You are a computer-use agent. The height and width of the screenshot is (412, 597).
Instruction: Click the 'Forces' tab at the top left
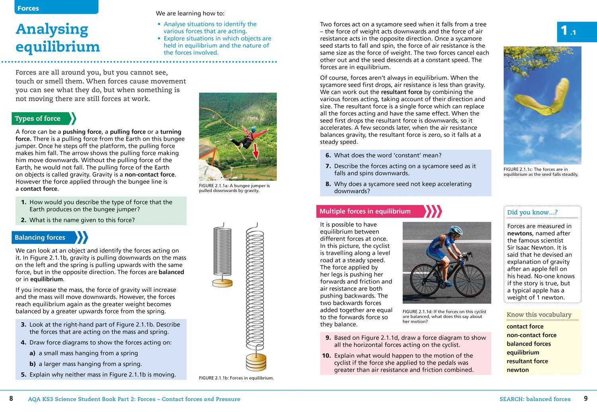tap(28, 8)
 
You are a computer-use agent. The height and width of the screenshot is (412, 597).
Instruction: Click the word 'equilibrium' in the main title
tap(58, 47)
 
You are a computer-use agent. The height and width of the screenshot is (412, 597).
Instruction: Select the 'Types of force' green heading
tap(38, 119)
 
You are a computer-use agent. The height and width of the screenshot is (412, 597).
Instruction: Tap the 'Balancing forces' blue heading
tap(40, 238)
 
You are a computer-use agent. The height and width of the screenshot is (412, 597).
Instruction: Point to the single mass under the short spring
tap(222, 283)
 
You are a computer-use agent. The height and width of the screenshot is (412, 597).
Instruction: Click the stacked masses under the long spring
tap(256, 362)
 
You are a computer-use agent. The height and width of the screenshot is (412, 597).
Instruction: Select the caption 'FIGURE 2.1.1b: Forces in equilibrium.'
tap(236, 378)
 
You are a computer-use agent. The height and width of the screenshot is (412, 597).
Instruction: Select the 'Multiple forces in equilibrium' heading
tap(365, 211)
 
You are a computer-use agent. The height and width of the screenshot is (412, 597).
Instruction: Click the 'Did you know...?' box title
tap(532, 212)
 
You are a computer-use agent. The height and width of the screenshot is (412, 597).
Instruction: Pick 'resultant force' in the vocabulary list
tap(527, 361)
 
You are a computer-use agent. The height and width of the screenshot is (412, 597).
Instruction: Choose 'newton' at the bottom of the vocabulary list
tap(518, 370)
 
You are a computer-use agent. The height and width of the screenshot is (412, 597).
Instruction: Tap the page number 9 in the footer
tap(585, 398)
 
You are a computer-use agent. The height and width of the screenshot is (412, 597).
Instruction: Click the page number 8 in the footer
tap(11, 398)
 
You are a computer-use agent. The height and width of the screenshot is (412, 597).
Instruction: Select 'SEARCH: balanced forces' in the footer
tap(535, 399)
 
